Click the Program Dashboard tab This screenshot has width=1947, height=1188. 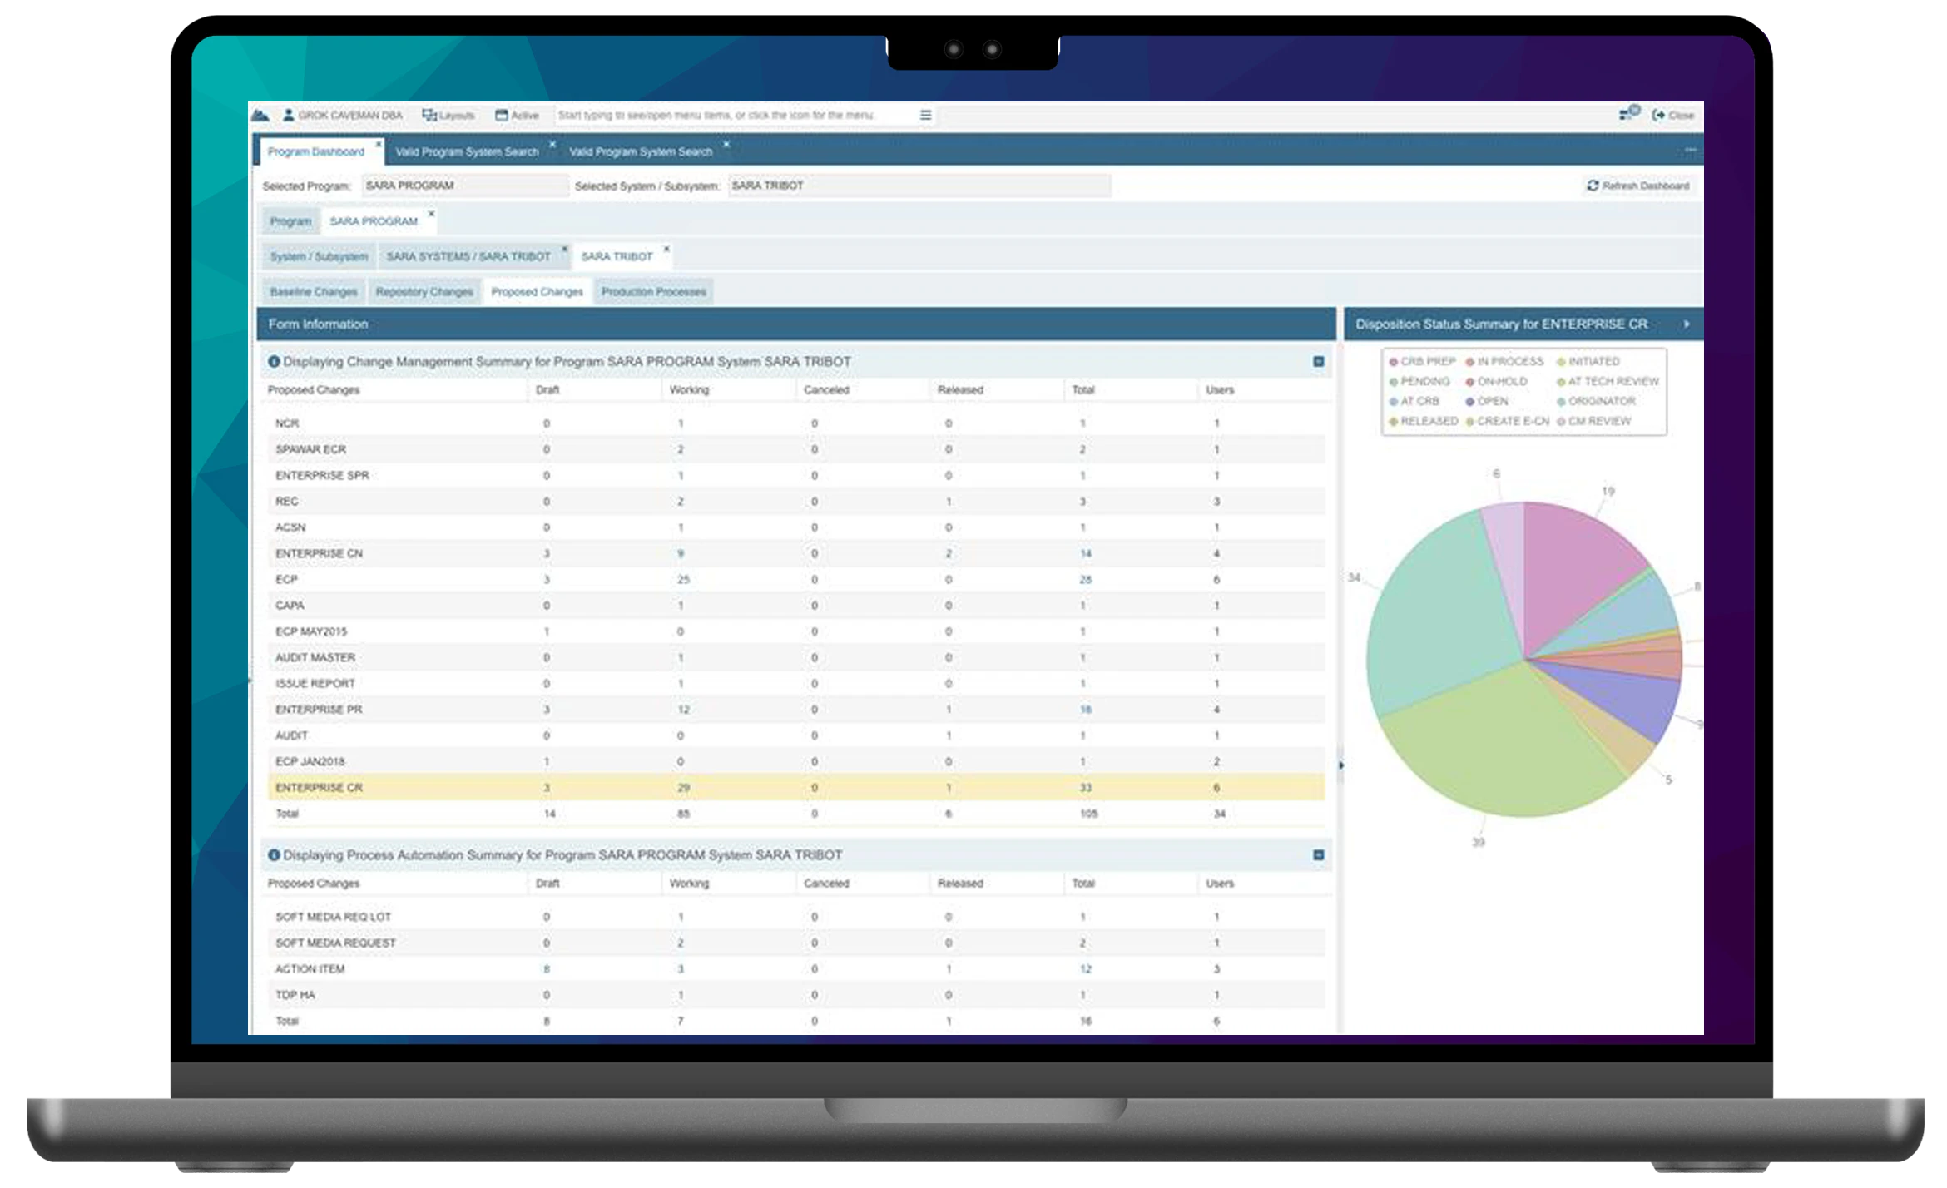316,152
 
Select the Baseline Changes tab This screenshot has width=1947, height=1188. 314,292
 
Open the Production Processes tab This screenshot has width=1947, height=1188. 653,292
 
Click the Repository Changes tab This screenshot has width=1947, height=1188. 424,292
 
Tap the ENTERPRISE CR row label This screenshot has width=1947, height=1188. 319,788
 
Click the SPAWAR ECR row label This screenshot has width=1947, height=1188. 310,450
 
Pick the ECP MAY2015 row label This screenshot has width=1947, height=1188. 311,632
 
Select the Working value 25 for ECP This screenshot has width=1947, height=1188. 683,580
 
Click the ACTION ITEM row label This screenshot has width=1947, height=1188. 310,969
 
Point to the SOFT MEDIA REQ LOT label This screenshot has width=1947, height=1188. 333,917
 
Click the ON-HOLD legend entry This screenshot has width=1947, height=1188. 1501,382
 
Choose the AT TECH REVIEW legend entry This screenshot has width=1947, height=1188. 1613,382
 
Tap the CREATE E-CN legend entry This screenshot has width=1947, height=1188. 1512,422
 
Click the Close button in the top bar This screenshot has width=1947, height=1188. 1673,116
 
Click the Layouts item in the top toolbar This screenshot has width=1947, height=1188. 448,116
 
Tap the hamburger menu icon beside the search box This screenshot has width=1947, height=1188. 925,116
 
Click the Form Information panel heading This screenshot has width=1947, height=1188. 318,324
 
